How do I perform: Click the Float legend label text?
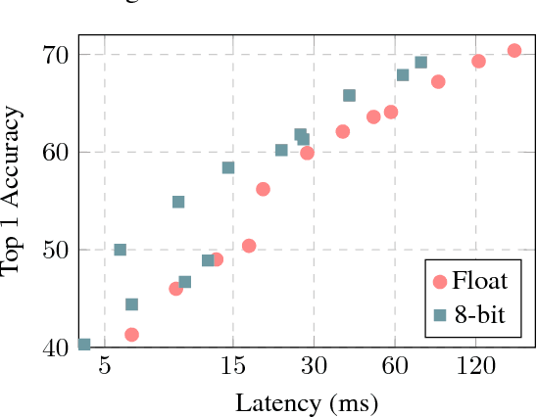click(479, 282)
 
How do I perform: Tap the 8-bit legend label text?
click(481, 314)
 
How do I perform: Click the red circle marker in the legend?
click(440, 282)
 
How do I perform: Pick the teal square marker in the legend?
click(440, 315)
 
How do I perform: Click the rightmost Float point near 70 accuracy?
click(514, 50)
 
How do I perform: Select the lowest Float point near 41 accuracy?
click(131, 335)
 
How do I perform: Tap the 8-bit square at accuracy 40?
click(84, 345)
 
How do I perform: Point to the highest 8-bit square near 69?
click(421, 63)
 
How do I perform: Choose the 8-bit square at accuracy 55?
click(178, 202)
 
